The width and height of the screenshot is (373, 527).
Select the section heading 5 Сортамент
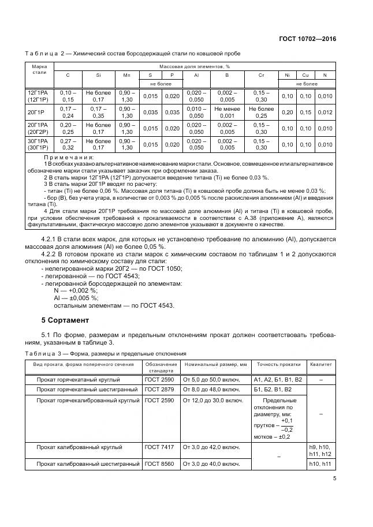pos(65,319)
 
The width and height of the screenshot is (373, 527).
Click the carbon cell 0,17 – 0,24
pos(68,112)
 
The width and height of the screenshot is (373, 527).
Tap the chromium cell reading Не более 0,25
pos(261,112)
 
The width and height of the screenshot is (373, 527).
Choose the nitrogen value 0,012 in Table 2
pos(324,112)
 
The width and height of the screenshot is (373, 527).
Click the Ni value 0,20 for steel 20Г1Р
pos(286,112)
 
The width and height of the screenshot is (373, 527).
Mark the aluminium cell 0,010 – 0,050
pos(196,112)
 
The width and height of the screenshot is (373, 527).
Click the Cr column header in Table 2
pos(261,75)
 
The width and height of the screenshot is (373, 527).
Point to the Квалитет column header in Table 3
pos(321,364)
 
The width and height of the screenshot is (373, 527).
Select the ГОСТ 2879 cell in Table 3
pos(159,389)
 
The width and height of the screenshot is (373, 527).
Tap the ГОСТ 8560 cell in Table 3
pos(159,464)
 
